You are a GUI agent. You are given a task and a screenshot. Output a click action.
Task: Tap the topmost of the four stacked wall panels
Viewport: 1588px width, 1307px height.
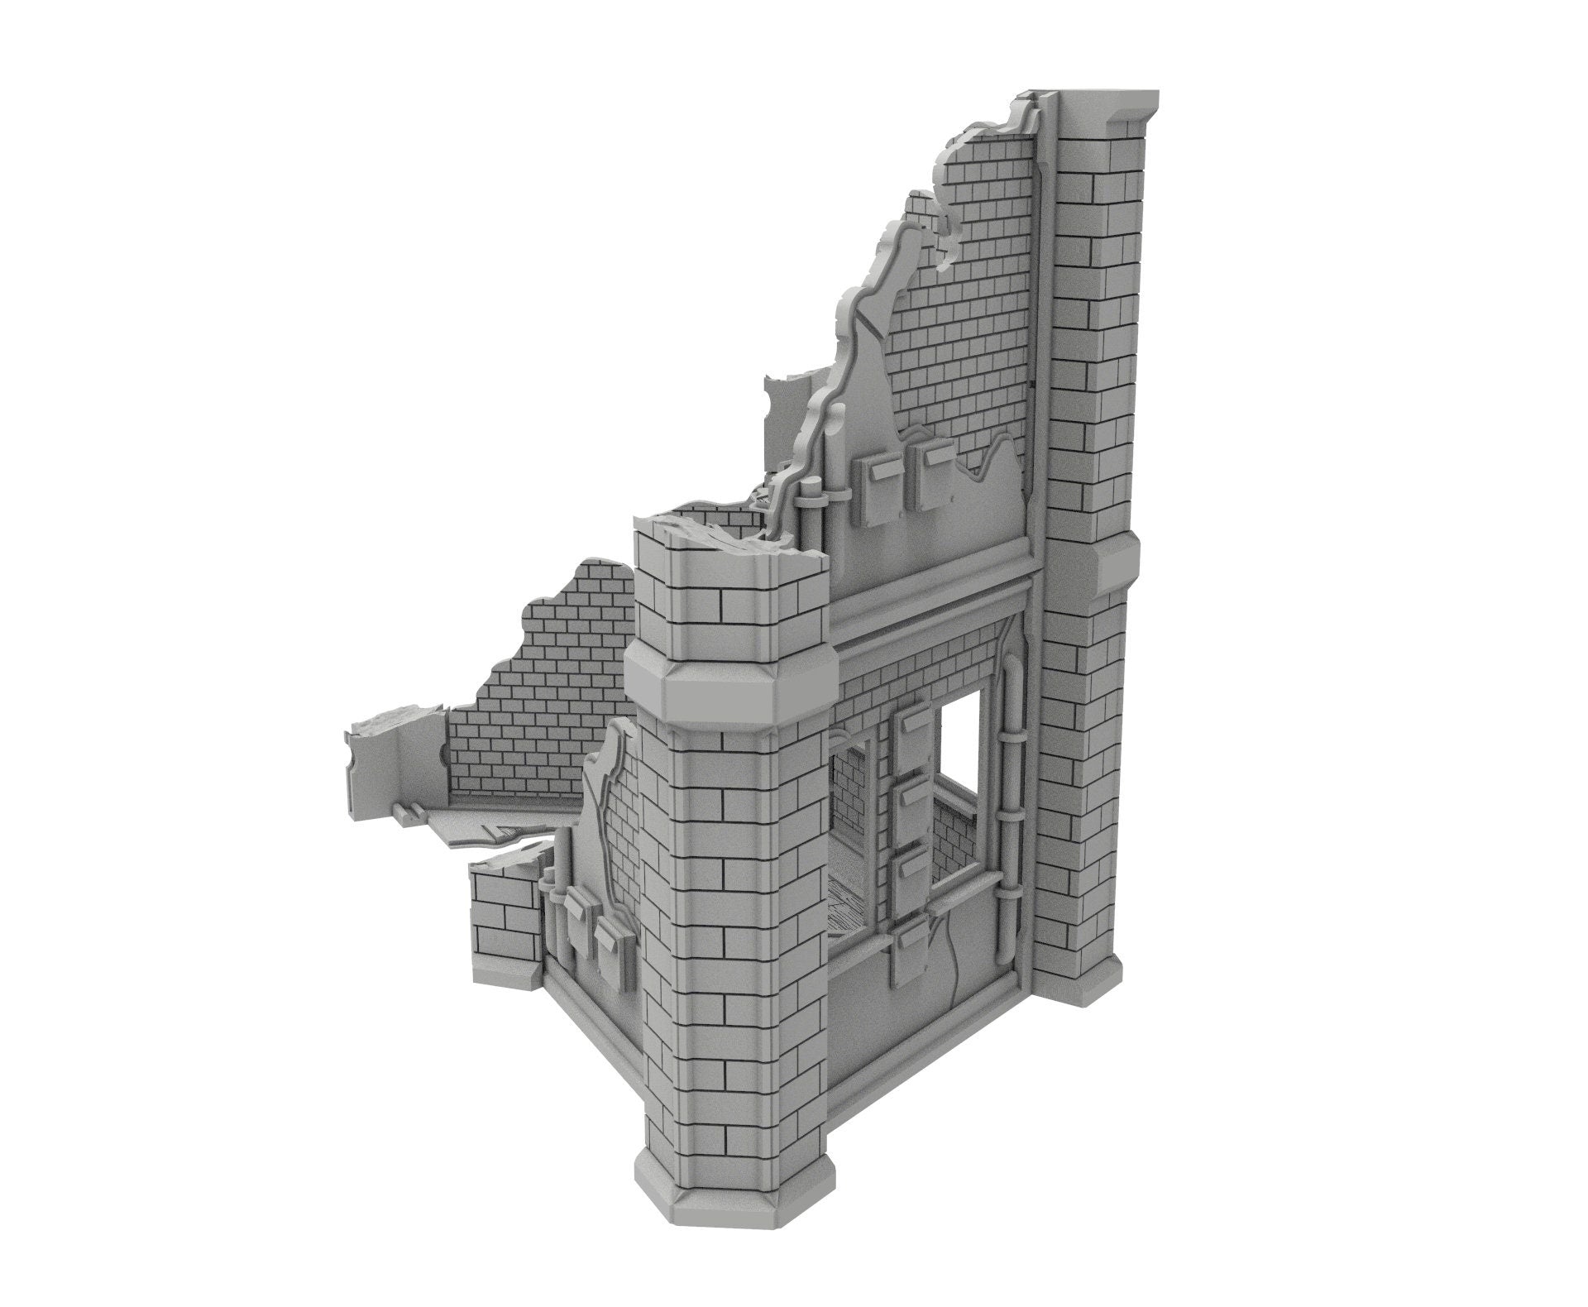click(x=911, y=733)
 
